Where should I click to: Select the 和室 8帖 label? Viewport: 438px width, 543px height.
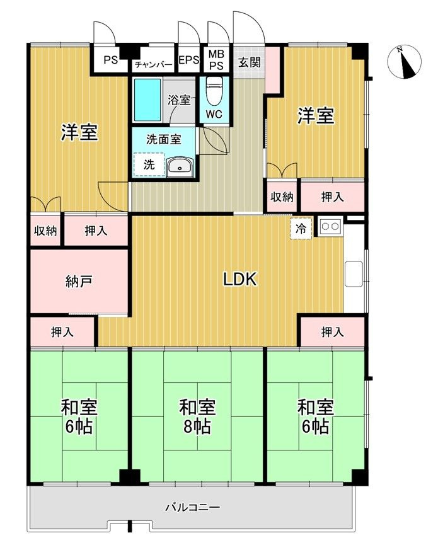[x=197, y=416]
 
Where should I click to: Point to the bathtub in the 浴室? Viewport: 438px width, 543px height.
[x=149, y=100]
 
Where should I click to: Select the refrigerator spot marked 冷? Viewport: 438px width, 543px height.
[x=301, y=229]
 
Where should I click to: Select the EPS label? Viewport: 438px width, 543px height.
[x=188, y=61]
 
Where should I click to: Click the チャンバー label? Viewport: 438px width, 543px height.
[x=153, y=64]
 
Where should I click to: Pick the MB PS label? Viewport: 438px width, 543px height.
[x=216, y=60]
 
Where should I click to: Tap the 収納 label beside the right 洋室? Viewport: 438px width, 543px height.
[x=282, y=197]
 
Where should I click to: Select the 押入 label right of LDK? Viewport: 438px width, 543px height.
[x=332, y=331]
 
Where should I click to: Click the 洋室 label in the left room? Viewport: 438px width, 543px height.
[x=79, y=133]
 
